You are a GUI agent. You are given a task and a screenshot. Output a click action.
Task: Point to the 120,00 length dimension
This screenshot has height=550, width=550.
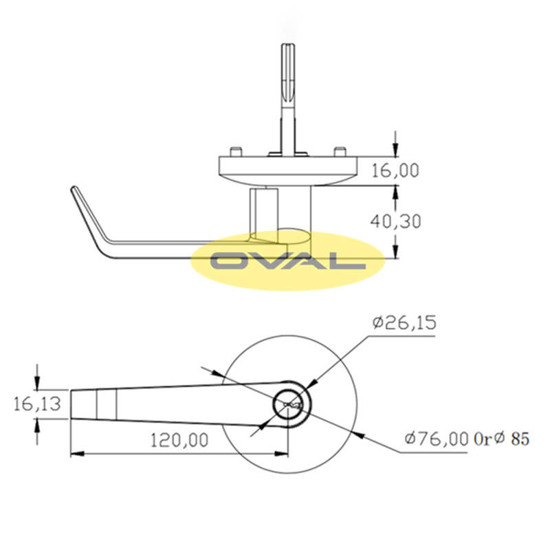(x=179, y=439)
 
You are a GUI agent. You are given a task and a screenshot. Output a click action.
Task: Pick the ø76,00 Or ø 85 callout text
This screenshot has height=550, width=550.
(x=467, y=438)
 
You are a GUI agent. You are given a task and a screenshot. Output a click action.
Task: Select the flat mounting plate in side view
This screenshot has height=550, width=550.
(x=289, y=166)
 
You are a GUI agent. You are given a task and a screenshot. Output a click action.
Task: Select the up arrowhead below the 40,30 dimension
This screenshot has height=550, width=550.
(x=395, y=251)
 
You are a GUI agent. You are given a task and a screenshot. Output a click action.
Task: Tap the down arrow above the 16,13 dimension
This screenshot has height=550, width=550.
(x=37, y=382)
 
